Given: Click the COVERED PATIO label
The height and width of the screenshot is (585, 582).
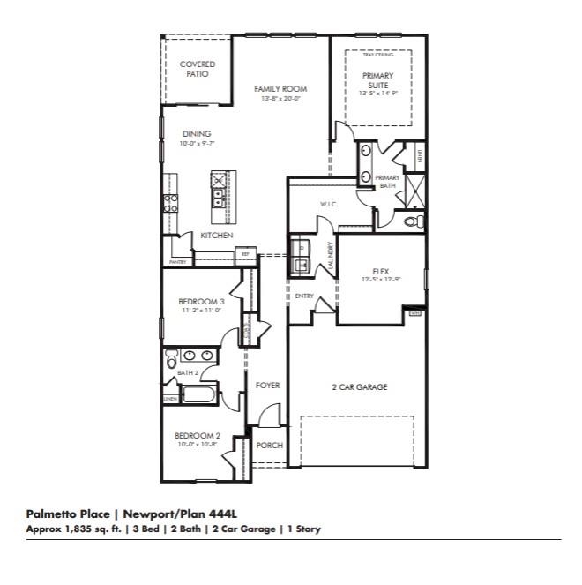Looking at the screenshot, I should coord(197,69).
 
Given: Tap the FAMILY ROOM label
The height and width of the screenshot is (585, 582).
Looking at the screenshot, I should coord(280,89).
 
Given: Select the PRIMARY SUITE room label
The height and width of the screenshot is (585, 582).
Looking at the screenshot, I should coord(377,80).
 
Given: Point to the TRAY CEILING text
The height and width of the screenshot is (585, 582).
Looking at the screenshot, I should coord(377,55).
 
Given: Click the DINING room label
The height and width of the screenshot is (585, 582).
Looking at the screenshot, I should coord(197,134).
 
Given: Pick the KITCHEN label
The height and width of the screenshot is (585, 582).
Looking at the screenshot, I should coord(216,236).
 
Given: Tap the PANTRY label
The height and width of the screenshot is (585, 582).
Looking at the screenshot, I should coord(177,262).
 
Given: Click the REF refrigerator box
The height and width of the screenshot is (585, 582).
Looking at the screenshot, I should coord(244,255).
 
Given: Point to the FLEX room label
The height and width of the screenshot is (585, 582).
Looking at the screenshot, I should coord(381,272).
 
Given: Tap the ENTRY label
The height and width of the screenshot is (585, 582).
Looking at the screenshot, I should coord(304,296).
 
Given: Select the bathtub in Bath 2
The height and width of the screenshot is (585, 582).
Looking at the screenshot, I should coord(198,394).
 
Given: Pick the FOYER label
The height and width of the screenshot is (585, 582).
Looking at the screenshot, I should coord(267,386).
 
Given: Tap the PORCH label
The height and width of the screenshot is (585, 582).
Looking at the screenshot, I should coord(269,446).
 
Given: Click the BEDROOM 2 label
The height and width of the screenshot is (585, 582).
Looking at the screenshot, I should coord(197,435).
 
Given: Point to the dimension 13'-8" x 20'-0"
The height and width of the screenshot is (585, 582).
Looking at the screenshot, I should coord(280,99).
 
